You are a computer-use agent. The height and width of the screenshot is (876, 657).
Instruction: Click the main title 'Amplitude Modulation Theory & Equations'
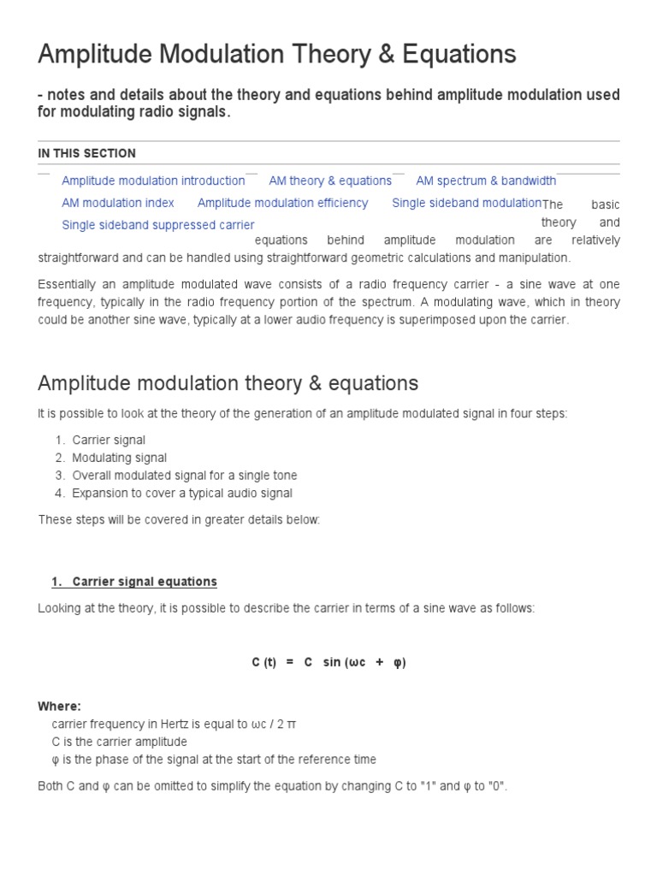pyautogui.click(x=277, y=55)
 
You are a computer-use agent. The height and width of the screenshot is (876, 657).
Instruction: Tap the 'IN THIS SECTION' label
pyautogui.click(x=86, y=153)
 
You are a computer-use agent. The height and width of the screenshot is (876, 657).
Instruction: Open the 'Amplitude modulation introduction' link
pyautogui.click(x=153, y=181)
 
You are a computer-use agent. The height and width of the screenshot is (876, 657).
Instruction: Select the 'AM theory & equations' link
pyautogui.click(x=330, y=181)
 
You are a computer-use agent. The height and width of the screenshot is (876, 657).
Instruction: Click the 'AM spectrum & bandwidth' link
pyautogui.click(x=485, y=181)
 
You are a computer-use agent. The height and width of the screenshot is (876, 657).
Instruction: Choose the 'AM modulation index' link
pyautogui.click(x=118, y=203)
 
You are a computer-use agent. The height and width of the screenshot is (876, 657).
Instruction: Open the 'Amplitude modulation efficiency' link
pyautogui.click(x=282, y=203)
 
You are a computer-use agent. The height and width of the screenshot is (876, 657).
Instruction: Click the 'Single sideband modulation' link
pyautogui.click(x=466, y=203)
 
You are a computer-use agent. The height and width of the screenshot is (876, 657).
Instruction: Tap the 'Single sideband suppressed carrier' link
pyautogui.click(x=158, y=225)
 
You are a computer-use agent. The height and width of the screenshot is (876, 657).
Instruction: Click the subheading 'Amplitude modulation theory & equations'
pyautogui.click(x=228, y=382)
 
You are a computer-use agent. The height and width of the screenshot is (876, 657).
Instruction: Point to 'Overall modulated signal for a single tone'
pyautogui.click(x=184, y=475)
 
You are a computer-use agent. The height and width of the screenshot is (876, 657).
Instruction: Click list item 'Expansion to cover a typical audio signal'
pyautogui.click(x=182, y=493)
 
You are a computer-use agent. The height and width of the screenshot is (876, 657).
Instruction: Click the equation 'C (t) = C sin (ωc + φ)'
pyautogui.click(x=328, y=663)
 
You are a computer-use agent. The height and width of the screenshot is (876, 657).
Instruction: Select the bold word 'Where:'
pyautogui.click(x=60, y=707)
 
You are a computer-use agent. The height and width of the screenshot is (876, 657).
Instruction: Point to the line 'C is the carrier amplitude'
pyautogui.click(x=119, y=742)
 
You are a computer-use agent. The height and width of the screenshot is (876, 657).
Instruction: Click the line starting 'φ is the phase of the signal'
pyautogui.click(x=214, y=760)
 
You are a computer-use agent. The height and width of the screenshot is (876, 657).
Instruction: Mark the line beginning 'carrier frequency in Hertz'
pyautogui.click(x=175, y=725)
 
